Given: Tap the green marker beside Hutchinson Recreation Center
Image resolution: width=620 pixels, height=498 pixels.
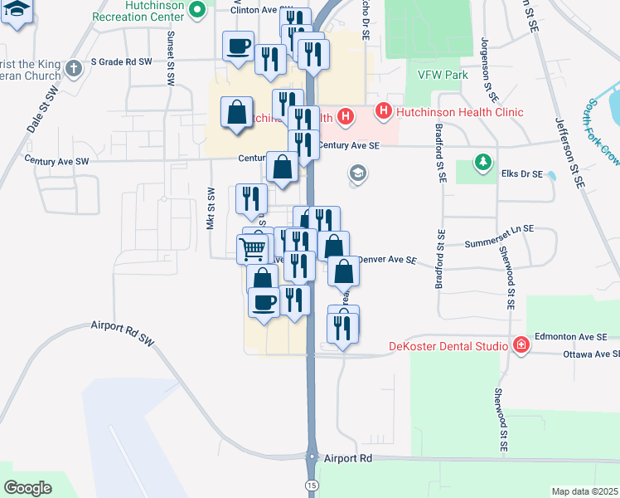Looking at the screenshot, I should coord(197,11).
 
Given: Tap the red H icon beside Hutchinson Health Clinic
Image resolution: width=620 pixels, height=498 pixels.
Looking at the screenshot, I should coord(384,110).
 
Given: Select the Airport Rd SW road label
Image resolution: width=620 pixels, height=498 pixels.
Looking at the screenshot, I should coord(123,333).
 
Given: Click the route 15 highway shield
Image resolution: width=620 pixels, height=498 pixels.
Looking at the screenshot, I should coord(312,484).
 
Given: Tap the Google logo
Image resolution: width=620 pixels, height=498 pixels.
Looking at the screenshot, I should coord(28,487).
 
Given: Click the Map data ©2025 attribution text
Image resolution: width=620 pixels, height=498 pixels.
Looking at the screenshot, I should coord(584,491).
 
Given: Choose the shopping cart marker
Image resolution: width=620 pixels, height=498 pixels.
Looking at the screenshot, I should coord(254,247).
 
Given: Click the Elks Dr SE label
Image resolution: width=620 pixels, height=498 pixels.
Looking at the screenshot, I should coord(520,174).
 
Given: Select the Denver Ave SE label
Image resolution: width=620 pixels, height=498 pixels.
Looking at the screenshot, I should coord(386,260).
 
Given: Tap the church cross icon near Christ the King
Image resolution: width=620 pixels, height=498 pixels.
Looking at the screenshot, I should coord(74,68).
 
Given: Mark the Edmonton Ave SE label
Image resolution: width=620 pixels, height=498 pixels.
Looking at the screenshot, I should coord(572,336).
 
